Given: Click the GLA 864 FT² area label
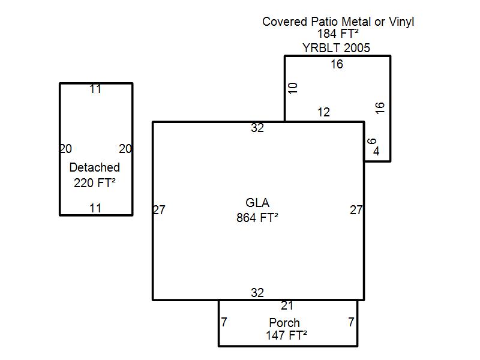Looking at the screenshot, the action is [257, 211].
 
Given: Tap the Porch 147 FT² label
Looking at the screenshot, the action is [286, 329].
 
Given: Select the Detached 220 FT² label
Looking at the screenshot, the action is [95, 175].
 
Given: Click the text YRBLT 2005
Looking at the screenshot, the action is [336, 48].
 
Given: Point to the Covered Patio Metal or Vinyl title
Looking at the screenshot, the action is [338, 22].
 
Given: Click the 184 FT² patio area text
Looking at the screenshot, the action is [338, 34].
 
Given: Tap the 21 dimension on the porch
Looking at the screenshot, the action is [287, 305].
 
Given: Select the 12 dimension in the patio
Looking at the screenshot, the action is [323, 112].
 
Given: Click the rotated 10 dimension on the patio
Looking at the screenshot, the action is [293, 88].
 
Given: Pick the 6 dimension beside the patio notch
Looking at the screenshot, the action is [371, 141].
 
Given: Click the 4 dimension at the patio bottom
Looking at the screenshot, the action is [376, 151].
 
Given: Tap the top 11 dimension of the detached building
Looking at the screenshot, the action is [95, 89].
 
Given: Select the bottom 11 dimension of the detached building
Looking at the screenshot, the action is [95, 208].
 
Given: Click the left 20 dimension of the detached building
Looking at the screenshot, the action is [65, 149].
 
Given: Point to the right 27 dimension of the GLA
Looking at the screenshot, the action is [356, 210].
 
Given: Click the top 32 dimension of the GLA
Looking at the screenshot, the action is [257, 128].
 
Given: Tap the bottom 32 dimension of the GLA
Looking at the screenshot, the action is [257, 293].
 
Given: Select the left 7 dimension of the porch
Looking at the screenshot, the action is [224, 322].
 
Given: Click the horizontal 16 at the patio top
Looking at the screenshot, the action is [337, 64].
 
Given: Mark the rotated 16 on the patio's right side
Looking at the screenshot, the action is [380, 108].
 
